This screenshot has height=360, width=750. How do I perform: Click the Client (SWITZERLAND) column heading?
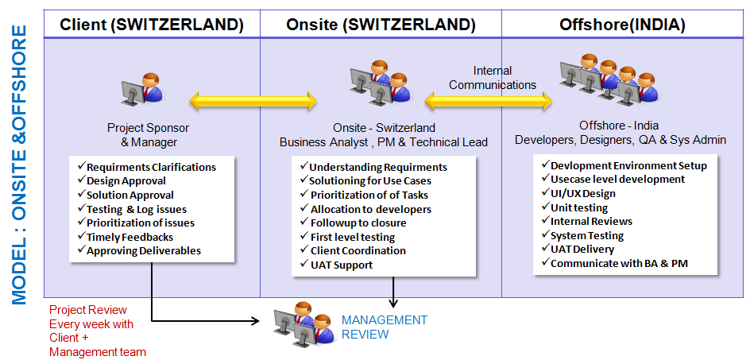tap(152, 25)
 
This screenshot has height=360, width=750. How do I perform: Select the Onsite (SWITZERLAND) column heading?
tap(381, 25)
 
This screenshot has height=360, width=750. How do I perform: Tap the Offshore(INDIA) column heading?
tap(622, 25)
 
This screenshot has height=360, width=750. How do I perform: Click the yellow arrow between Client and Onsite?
tap(253, 101)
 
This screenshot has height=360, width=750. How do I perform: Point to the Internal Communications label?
tap(493, 78)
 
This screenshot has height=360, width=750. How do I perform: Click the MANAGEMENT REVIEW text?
tap(384, 327)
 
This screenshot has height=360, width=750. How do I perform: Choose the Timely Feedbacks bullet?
tap(130, 237)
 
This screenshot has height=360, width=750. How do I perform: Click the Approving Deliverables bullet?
tap(143, 250)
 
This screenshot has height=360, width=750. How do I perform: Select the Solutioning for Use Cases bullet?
tap(370, 181)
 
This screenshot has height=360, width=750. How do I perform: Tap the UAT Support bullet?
tap(341, 265)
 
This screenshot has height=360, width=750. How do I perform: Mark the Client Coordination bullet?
tap(357, 250)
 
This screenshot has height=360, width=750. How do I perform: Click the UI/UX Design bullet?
tap(582, 193)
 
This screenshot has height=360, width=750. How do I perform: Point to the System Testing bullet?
tap(587, 235)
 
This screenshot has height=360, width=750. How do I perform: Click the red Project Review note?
tap(98, 331)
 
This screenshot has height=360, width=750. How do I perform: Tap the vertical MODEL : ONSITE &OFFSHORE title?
tap(19, 165)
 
